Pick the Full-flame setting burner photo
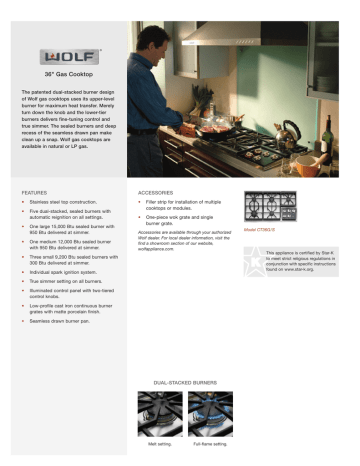pyautogui.click(x=211, y=413)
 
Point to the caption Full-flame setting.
pyautogui.click(x=211, y=442)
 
